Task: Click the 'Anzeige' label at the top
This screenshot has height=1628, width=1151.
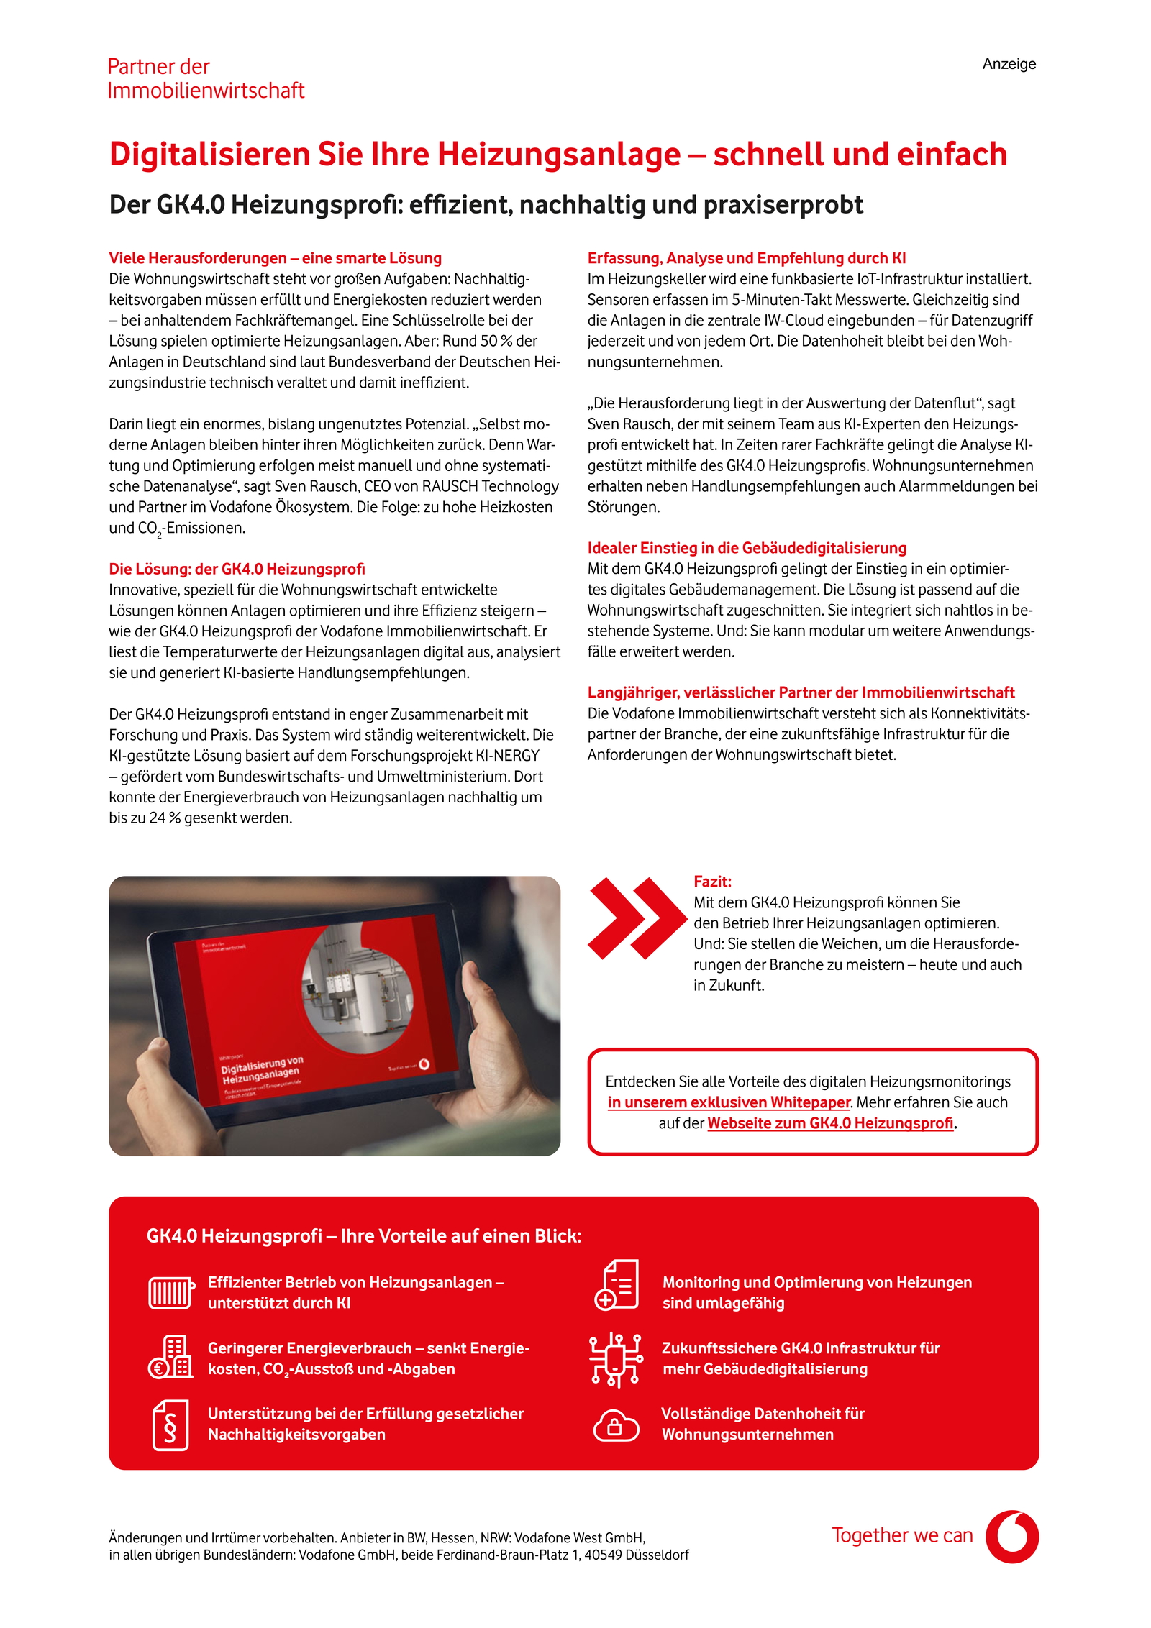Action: [1009, 64]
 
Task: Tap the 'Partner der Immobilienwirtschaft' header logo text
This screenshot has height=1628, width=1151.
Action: [205, 78]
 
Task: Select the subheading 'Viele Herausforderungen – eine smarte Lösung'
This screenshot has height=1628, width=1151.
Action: [275, 258]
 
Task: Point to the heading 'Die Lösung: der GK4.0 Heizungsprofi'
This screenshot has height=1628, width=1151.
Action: [237, 569]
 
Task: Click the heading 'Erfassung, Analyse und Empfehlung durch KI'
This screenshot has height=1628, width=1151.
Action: [746, 258]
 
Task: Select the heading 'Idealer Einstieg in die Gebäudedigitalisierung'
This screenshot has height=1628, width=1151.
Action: [747, 548]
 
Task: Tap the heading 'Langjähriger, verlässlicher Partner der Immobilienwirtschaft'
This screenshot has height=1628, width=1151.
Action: [801, 692]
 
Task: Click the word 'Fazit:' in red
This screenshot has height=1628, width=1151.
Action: [711, 882]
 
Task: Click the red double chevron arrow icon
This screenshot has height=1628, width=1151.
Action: [636, 918]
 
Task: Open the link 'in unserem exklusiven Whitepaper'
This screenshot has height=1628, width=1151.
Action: [728, 1102]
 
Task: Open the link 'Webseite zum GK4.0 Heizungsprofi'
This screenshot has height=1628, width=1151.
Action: [830, 1123]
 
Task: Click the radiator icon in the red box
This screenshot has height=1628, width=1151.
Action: [170, 1292]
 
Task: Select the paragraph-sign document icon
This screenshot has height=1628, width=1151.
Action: [170, 1424]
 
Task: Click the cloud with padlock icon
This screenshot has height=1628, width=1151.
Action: [615, 1425]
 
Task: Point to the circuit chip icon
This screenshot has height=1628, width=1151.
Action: [615, 1359]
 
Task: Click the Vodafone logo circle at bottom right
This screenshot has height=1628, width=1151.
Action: [1011, 1536]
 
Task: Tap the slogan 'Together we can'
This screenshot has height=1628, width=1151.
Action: [901, 1535]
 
